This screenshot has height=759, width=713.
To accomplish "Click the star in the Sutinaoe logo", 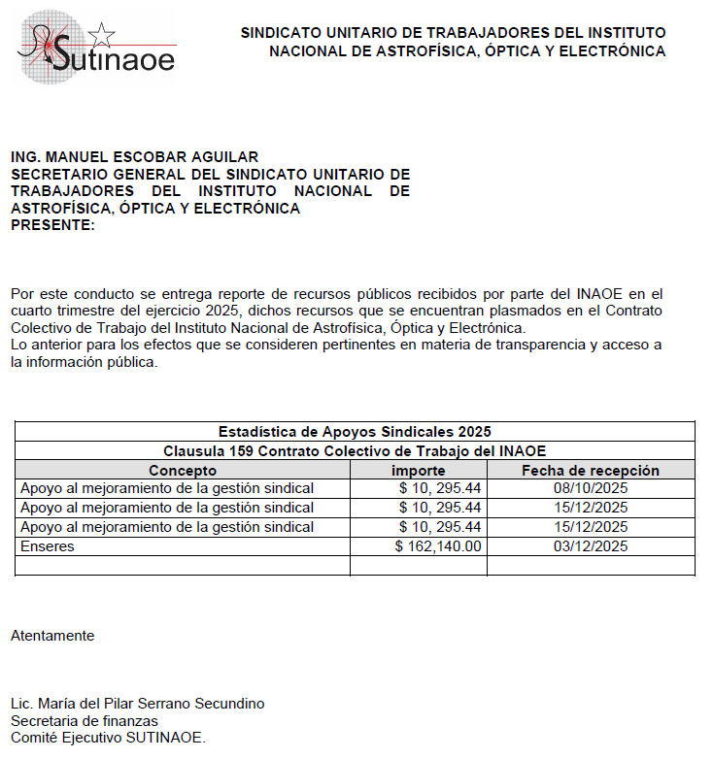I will click(x=100, y=36).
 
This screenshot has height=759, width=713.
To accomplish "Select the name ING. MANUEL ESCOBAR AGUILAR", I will click(x=134, y=157).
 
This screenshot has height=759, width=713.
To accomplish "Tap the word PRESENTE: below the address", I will click(x=52, y=225).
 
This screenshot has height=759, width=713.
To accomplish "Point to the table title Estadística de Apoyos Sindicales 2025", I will click(x=355, y=431).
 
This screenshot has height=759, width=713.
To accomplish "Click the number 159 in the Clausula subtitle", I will click(x=240, y=450).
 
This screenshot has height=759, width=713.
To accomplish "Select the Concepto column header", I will click(x=183, y=470).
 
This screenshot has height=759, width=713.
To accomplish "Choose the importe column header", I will click(x=418, y=470).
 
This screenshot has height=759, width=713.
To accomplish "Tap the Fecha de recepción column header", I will click(x=591, y=470).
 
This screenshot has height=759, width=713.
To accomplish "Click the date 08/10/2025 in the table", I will click(x=591, y=488).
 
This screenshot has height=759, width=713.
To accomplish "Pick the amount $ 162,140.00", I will click(x=438, y=546).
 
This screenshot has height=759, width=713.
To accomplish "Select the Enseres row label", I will click(x=48, y=546).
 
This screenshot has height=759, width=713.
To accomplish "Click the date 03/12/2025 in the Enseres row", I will click(x=591, y=546).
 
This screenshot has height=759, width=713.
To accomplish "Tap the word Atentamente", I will click(x=52, y=636).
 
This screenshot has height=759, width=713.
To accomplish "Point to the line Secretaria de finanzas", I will click(x=85, y=721).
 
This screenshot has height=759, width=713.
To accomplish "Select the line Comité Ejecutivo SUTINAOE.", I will click(x=108, y=738).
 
